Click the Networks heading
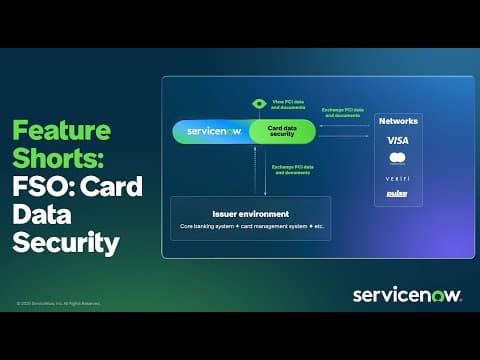[x=398, y=121]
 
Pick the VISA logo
[x=397, y=140]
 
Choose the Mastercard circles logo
[x=397, y=158]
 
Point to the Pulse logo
[x=397, y=193]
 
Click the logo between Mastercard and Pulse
[x=397, y=177]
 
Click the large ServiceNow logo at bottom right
[x=406, y=294]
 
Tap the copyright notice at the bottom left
[x=58, y=303]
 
